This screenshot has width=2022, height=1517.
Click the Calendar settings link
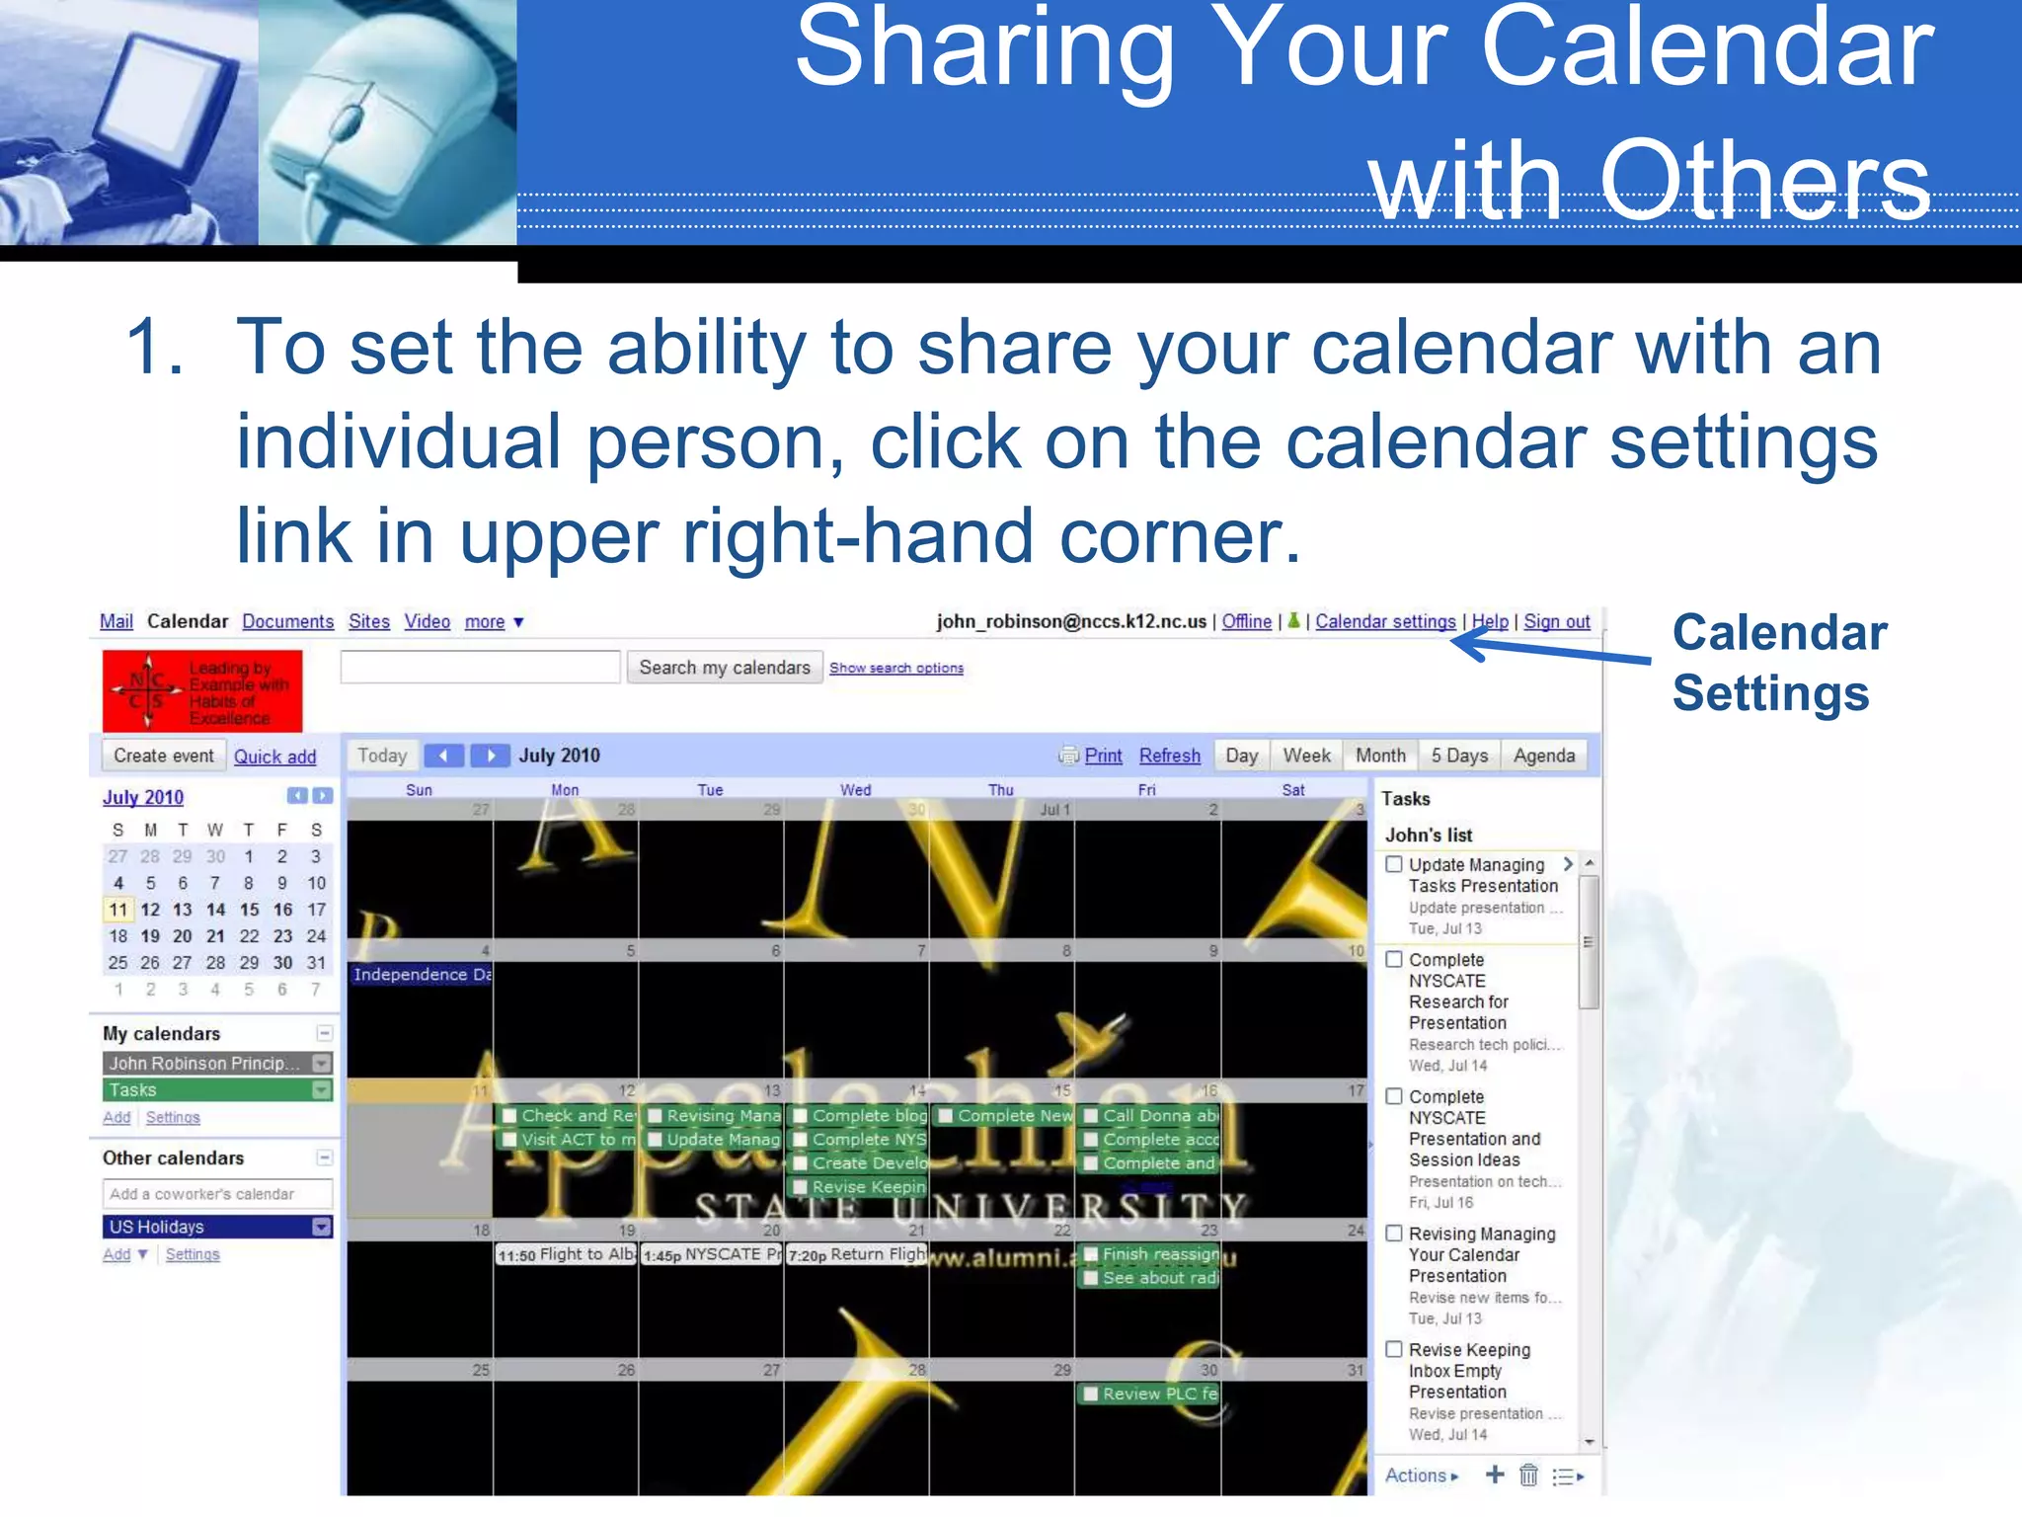(x=1384, y=621)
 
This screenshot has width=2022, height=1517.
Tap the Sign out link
(x=1556, y=621)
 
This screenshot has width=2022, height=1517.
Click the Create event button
(x=163, y=756)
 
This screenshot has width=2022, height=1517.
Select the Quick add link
(x=274, y=757)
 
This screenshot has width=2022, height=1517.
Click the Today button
(x=382, y=756)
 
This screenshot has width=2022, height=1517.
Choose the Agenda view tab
(x=1543, y=756)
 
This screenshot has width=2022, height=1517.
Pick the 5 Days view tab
(x=1459, y=756)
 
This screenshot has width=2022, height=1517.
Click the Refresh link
(x=1169, y=756)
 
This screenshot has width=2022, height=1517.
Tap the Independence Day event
(x=421, y=975)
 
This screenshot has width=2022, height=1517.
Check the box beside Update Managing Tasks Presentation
(x=1394, y=864)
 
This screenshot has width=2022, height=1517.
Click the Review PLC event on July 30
(x=1149, y=1394)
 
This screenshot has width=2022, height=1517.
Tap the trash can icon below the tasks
(x=1528, y=1476)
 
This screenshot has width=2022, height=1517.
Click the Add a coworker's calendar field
(x=217, y=1194)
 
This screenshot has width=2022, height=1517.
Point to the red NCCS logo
(x=202, y=690)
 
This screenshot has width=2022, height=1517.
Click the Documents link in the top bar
(x=287, y=621)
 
